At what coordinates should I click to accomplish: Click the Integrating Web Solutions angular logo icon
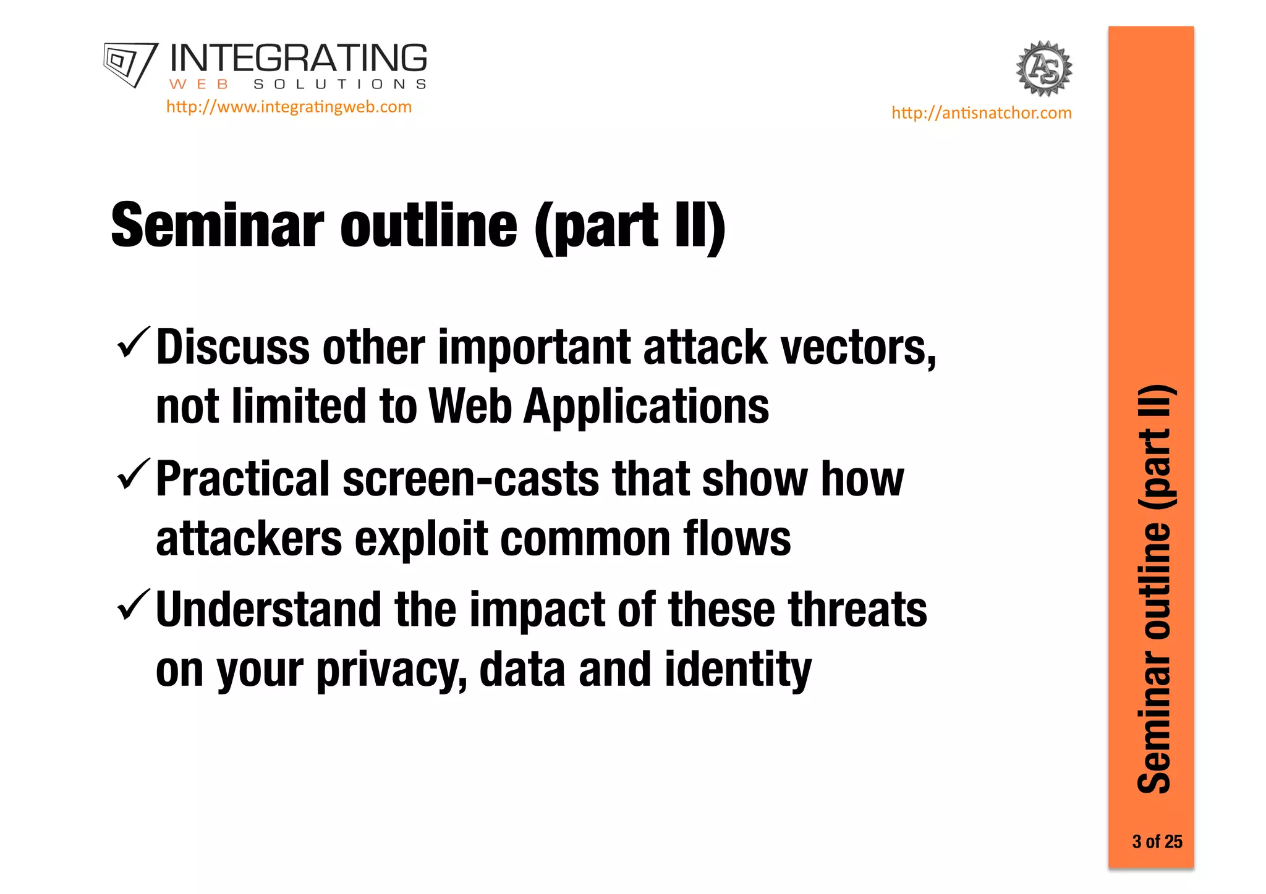(129, 64)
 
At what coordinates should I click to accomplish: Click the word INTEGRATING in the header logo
(298, 59)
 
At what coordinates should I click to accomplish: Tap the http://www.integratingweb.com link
(289, 107)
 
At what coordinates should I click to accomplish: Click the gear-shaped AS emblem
(1044, 69)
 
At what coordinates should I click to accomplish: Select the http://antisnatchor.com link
(981, 113)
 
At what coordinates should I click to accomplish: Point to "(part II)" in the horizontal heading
(630, 227)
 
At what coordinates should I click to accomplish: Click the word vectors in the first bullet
(858, 348)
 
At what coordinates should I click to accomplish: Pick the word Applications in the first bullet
(646, 408)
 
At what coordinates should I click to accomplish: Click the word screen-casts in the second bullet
(470, 479)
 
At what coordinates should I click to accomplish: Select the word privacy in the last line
(391, 671)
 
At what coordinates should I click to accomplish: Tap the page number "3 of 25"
(1157, 841)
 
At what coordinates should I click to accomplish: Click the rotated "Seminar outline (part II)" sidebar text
(1154, 589)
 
